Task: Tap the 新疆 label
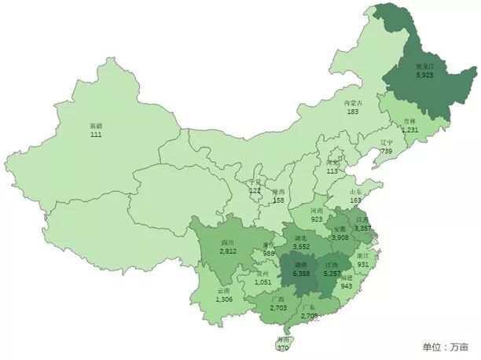pos(97,126)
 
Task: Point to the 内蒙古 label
pos(353,103)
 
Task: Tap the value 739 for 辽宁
pos(386,151)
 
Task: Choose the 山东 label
pos(357,192)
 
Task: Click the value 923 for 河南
pos(316,220)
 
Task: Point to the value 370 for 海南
pos(283,347)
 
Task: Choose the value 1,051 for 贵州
pos(263,282)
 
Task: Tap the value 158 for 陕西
pos(278,200)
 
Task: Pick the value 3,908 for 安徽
pos(340,237)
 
